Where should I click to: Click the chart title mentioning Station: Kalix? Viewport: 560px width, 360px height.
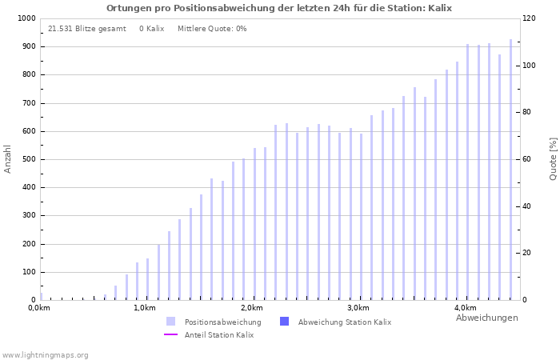pos(279,8)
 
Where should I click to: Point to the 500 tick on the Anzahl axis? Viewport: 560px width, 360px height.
pos(28,159)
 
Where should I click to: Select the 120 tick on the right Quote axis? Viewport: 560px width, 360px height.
pos(530,18)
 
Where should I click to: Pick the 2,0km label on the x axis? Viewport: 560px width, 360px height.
pos(251,308)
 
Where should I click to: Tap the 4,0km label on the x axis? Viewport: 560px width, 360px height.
pos(465,308)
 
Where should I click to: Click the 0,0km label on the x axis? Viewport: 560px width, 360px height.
pos(39,308)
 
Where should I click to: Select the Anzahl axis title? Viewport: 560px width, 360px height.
pos(8,158)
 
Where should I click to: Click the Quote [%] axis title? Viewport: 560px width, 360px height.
pos(553,158)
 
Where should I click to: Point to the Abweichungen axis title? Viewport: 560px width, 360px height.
pos(486,318)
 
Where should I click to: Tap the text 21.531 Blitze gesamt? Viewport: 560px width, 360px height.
pos(87,29)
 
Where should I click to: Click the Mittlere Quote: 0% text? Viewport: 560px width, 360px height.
pos(212,29)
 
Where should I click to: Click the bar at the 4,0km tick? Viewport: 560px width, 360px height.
pos(468,172)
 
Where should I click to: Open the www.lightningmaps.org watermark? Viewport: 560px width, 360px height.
pos(46,354)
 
